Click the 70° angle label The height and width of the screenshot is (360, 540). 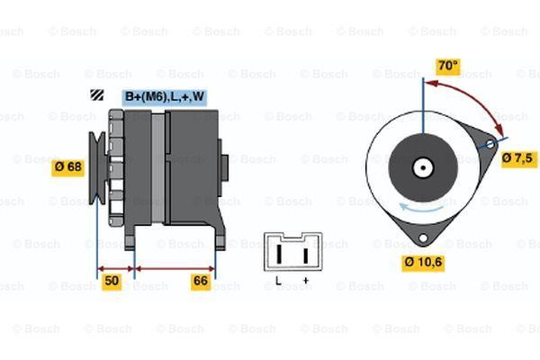tap(447, 66)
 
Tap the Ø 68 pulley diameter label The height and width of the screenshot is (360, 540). tap(67, 167)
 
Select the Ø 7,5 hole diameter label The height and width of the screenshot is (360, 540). tap(518, 158)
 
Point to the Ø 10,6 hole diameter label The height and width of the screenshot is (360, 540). tap(423, 263)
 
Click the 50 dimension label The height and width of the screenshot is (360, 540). tap(112, 281)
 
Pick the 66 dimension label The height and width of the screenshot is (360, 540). tap(201, 281)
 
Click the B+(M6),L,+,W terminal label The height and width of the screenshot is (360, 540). tap(165, 97)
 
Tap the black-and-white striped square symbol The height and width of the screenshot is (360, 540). tap(97, 94)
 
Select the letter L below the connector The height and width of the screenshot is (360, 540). tap(278, 281)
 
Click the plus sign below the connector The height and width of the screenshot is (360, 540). tap(305, 281)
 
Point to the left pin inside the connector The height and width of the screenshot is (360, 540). tap(279, 255)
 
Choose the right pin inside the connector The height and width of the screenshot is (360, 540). tap(305, 256)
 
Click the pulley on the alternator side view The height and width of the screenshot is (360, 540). tap(97, 167)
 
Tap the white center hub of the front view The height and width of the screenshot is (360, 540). tap(423, 167)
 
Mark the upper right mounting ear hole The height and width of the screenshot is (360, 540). tap(490, 144)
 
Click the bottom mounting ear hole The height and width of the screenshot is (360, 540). tap(423, 238)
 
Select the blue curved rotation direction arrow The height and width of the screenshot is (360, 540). tap(421, 209)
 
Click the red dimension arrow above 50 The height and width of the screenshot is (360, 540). tap(116, 269)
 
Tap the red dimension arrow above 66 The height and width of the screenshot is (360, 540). tap(175, 269)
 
